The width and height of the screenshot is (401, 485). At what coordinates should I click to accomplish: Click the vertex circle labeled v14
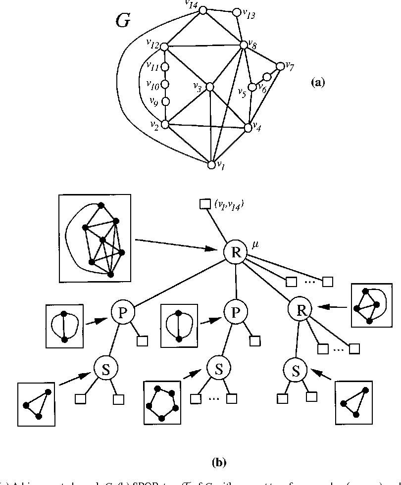click(203, 10)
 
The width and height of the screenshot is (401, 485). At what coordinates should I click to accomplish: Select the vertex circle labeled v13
click(237, 11)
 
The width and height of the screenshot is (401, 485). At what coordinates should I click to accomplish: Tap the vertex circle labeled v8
click(244, 45)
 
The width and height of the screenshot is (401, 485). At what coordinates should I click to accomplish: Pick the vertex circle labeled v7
click(281, 65)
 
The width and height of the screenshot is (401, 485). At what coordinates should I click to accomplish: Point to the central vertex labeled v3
click(209, 87)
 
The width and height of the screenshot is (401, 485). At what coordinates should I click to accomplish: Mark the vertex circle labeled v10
click(165, 84)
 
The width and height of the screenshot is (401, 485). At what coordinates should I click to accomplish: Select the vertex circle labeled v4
click(248, 128)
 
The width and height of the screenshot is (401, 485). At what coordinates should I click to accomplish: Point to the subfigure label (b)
click(219, 463)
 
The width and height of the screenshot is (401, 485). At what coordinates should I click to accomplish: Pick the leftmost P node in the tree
click(120, 311)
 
